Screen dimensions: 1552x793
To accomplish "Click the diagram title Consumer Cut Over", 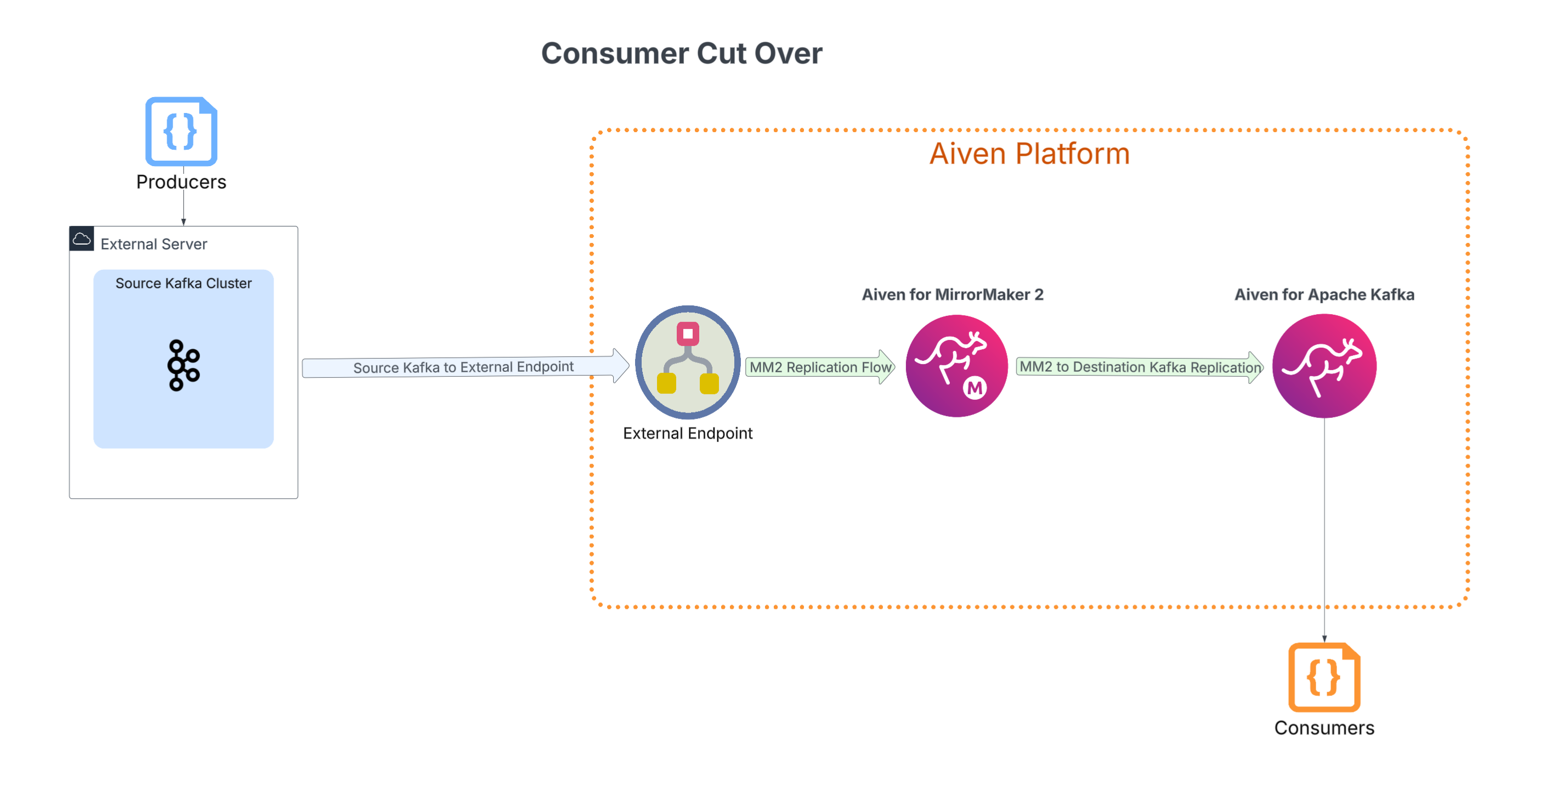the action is point(682,54).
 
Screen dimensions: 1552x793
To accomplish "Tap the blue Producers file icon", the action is point(182,132).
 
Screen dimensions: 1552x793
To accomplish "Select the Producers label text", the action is point(182,182).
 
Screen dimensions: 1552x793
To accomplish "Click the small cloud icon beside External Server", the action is point(82,239).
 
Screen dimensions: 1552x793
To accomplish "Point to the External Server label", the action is point(154,244).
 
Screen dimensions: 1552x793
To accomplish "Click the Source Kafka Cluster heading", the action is point(184,283).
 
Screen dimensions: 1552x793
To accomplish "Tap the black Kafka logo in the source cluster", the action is point(184,366).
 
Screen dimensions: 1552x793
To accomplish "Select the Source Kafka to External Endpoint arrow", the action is point(465,366).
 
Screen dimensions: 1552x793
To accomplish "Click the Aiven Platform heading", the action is point(1029,154).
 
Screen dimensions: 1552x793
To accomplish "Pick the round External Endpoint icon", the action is point(688,362).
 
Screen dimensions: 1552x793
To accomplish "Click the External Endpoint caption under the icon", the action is point(688,433).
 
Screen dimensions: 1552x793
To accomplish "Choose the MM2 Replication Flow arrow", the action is point(820,367).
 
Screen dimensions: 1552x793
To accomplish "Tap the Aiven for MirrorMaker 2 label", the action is point(953,294).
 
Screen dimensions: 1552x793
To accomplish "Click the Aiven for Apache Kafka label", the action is point(1324,294).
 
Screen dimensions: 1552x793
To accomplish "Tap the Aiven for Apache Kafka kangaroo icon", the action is point(1324,366).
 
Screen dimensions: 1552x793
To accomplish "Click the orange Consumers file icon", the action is point(1324,678).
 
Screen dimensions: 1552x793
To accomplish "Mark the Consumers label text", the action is point(1324,728).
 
